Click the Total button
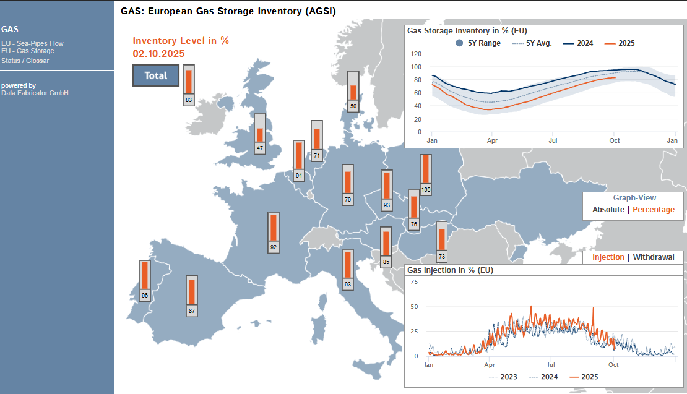click(x=156, y=75)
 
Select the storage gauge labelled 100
click(x=426, y=174)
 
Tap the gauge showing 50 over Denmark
click(x=353, y=91)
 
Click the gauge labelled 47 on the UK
click(x=260, y=134)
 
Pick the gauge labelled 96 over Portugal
click(x=145, y=281)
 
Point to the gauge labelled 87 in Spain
click(x=192, y=296)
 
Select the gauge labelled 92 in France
click(x=274, y=233)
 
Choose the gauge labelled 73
click(x=442, y=242)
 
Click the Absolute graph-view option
click(x=608, y=210)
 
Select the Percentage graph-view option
click(x=653, y=210)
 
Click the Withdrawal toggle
click(x=653, y=257)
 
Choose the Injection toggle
click(x=608, y=257)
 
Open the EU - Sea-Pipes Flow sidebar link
click(x=32, y=43)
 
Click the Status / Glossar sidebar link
click(x=25, y=61)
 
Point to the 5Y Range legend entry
click(x=478, y=43)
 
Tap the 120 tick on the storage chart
click(x=416, y=54)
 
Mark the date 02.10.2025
click(x=158, y=54)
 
